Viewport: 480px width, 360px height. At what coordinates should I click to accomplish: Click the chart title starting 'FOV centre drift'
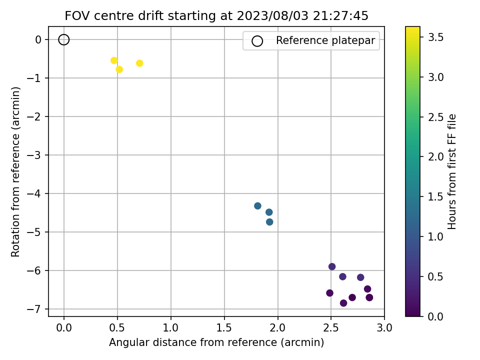216,16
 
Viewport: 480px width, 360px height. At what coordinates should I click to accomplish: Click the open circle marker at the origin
63,39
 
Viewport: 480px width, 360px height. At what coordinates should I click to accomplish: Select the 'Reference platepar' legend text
325,40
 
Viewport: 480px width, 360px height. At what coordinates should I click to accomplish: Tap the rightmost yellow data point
139,63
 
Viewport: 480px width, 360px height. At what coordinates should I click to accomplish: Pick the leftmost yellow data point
114,60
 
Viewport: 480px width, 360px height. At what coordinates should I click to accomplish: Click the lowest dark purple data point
343,303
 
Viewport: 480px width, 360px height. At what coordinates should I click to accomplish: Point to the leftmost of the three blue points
257,206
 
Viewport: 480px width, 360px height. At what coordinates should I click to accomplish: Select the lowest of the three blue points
269,222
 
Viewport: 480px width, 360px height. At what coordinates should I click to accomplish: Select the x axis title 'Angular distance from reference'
216,342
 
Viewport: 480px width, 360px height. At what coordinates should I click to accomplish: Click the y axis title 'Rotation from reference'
16,171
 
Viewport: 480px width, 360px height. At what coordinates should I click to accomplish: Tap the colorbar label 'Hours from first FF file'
452,171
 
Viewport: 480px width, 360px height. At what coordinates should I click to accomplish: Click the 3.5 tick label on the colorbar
434,37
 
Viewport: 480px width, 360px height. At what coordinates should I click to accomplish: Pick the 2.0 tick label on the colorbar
434,156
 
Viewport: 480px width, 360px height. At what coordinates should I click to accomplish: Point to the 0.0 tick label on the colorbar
434,316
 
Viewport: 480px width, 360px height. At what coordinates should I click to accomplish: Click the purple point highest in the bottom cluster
332,266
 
